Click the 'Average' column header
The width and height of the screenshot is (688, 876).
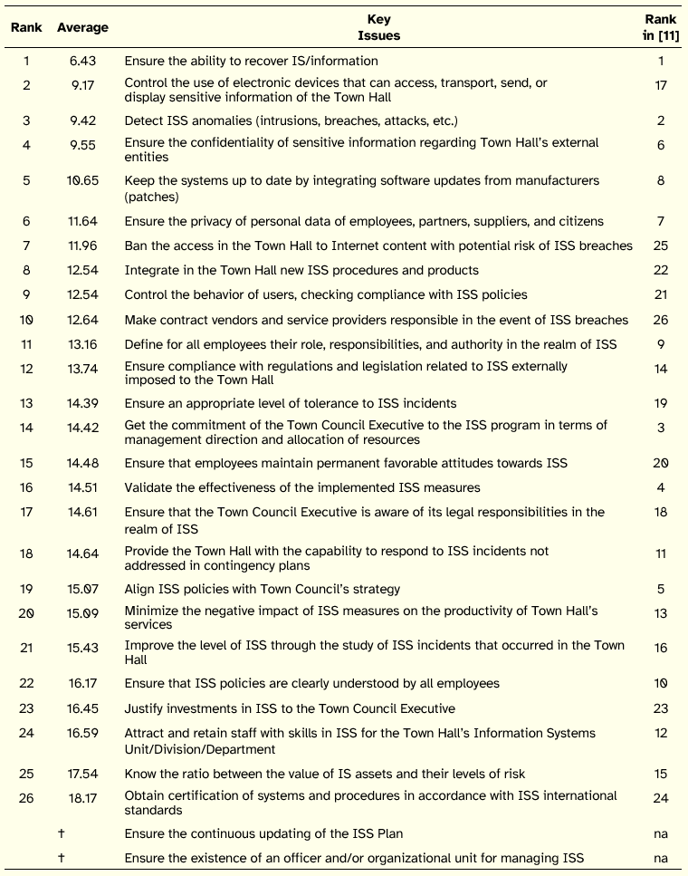pyautogui.click(x=82, y=27)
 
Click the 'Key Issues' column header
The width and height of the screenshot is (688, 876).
pyautogui.click(x=378, y=27)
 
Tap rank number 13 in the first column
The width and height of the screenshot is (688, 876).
pyautogui.click(x=26, y=403)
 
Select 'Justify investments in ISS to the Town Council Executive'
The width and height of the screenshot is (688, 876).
pyautogui.click(x=290, y=708)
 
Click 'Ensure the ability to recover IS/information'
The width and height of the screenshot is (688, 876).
pyautogui.click(x=251, y=61)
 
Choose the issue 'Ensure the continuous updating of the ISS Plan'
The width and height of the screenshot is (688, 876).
pyautogui.click(x=263, y=833)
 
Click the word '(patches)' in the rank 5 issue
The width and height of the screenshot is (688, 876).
pyautogui.click(x=152, y=197)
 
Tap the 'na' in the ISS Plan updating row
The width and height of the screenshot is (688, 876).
pyautogui.click(x=661, y=833)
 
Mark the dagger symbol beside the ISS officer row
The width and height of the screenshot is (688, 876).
pyautogui.click(x=61, y=858)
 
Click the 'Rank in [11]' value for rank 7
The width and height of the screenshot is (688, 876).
pyautogui.click(x=661, y=245)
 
